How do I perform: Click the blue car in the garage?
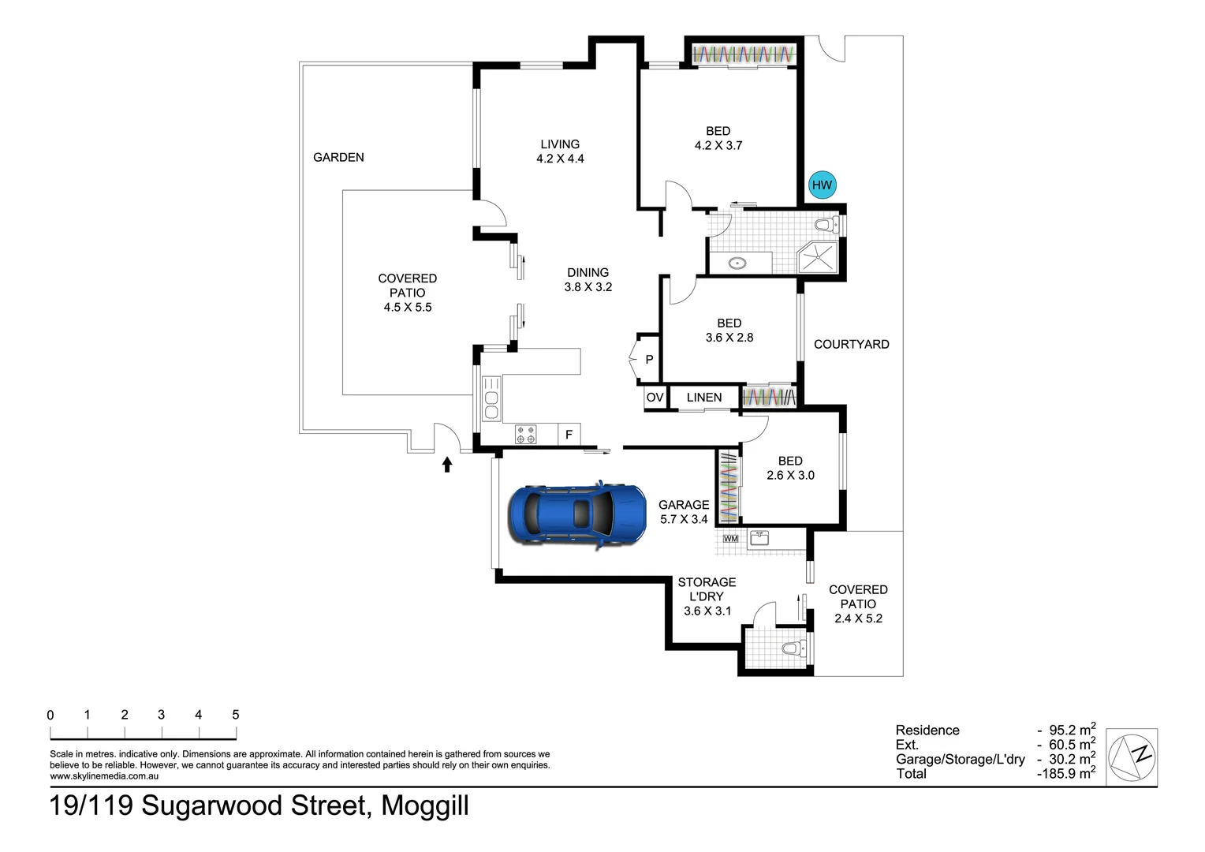tap(576, 514)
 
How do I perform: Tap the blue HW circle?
tap(821, 185)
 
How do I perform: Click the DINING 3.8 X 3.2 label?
tap(588, 280)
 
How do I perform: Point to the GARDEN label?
tap(338, 157)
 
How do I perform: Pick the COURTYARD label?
tap(851, 344)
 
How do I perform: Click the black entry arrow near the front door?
tap(447, 465)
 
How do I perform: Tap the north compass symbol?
tap(1132, 757)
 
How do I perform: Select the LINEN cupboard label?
tap(703, 398)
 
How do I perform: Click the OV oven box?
tap(655, 398)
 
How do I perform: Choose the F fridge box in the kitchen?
tap(569, 435)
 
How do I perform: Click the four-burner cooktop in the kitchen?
tap(525, 435)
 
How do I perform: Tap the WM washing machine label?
tap(730, 539)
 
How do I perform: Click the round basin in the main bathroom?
tap(737, 263)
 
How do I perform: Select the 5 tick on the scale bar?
tap(236, 715)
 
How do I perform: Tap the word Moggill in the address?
tap(425, 805)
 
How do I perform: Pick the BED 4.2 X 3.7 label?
tap(718, 138)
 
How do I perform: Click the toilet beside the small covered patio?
tap(791, 649)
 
